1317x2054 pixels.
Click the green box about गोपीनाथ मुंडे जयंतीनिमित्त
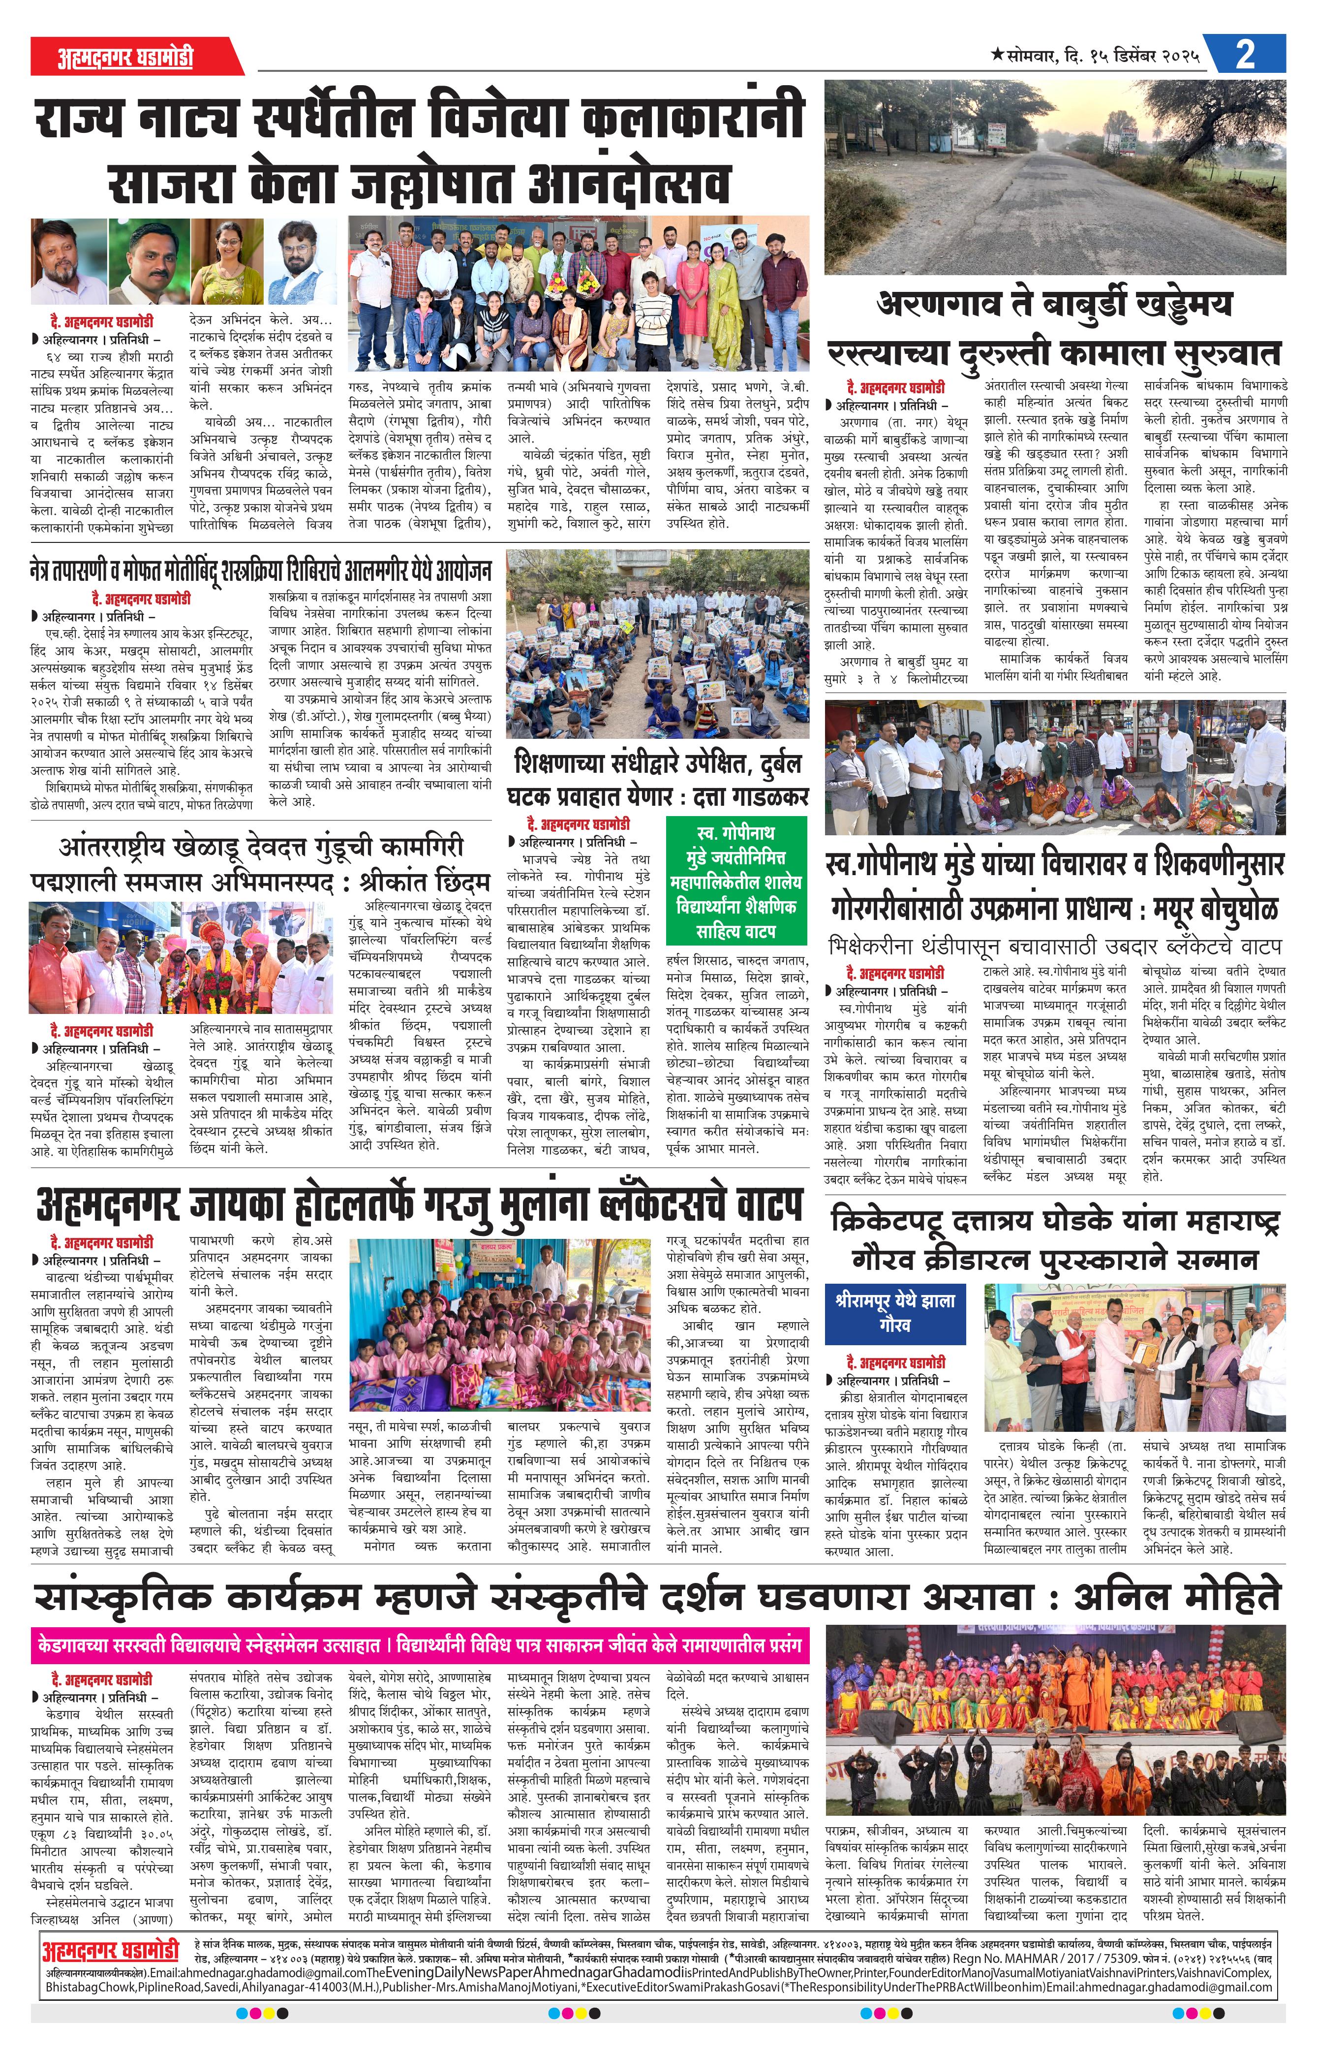(735, 881)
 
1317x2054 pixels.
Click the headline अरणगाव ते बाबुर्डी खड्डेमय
(1054, 304)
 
